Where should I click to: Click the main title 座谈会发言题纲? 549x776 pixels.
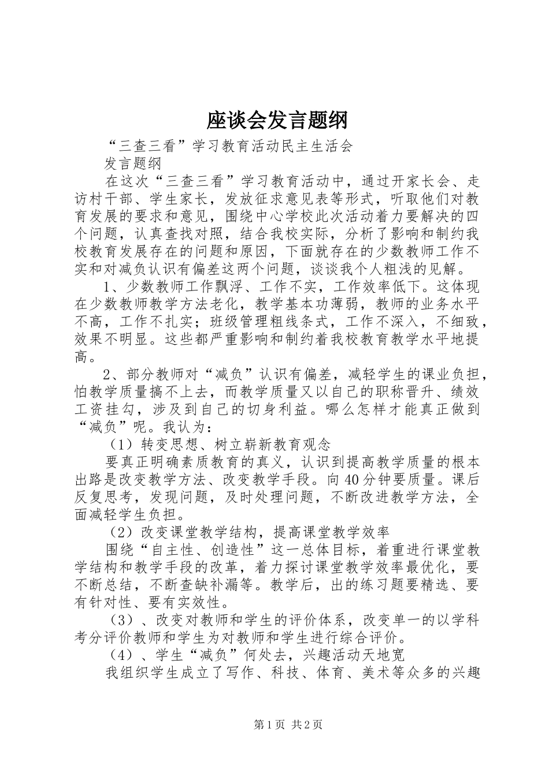click(x=277, y=121)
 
